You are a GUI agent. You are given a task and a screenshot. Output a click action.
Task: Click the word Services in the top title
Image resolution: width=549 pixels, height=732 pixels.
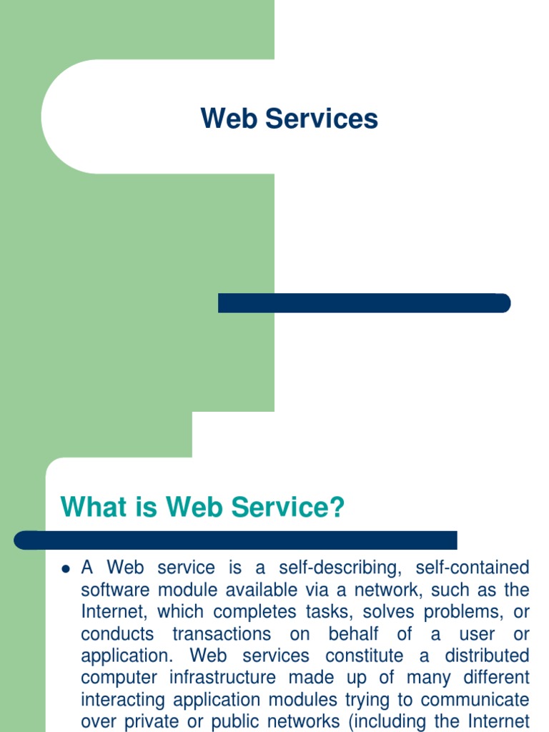[322, 119]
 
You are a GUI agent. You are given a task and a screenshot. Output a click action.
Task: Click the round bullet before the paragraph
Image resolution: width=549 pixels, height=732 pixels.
[65, 570]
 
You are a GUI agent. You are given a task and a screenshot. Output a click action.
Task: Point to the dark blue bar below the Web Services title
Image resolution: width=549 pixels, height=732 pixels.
[364, 303]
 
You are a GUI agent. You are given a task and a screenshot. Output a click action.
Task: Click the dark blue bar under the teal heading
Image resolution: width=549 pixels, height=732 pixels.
[236, 540]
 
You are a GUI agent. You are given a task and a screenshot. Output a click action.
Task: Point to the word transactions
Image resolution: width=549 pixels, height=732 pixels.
[222, 634]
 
